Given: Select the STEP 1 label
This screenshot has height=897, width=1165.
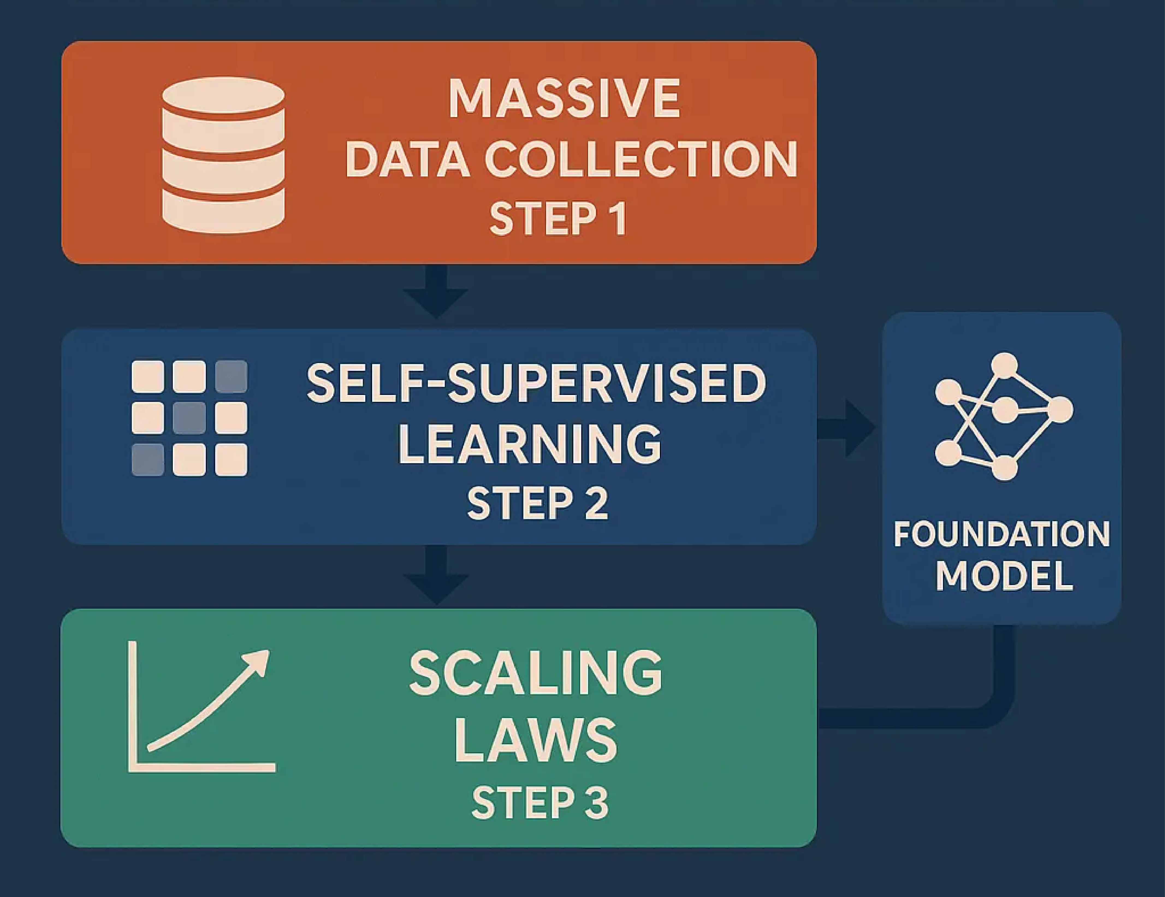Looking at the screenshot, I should tap(558, 219).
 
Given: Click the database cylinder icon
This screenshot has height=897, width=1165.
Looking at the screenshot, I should tap(223, 155).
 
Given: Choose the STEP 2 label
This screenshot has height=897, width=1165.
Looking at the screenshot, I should tap(537, 503).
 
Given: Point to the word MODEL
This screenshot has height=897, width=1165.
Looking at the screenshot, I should tap(1004, 576).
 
